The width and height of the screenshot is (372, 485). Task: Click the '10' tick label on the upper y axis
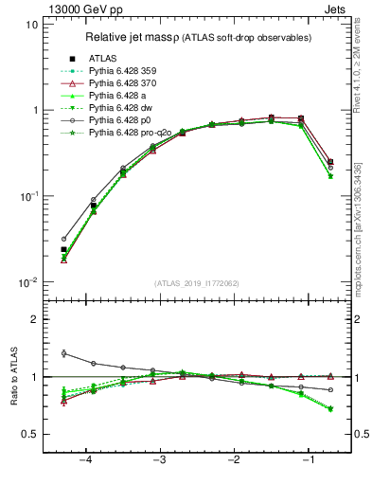[x=31, y=25]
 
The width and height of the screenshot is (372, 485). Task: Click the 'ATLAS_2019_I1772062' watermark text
[x=198, y=283]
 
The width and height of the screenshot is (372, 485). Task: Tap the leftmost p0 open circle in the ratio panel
[x=63, y=353]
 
